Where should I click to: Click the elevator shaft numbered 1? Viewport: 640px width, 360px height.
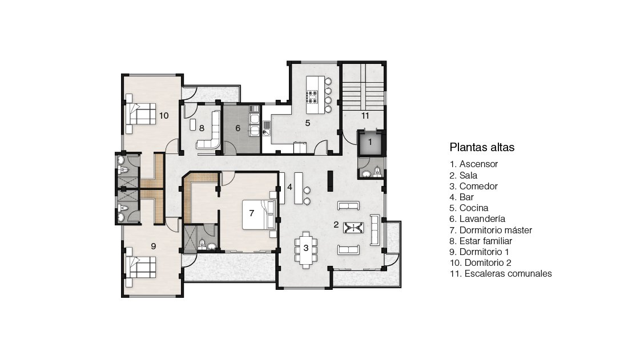371,143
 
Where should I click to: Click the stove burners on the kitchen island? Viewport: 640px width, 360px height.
313,96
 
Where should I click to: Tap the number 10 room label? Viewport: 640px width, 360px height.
164,116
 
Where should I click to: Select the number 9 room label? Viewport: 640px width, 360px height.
154,246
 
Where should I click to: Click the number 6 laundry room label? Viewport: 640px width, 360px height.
238,128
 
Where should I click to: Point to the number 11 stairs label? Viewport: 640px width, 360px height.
365,116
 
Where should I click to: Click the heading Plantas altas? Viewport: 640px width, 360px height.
482,147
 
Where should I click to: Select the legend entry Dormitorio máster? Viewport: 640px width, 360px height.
496,230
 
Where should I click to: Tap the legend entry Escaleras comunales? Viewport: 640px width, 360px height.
508,274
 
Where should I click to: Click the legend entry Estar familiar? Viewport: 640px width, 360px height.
486,241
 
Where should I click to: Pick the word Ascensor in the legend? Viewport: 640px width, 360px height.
478,164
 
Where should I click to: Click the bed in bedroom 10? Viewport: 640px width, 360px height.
141,114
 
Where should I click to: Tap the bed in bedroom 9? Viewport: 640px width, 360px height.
141,266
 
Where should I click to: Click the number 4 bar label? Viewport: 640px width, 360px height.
289,187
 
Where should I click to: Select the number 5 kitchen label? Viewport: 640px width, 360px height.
308,123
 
